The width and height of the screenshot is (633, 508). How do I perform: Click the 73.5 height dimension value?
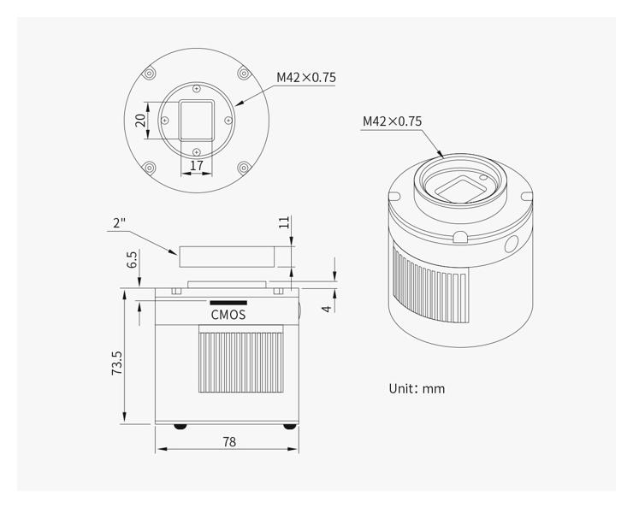point(117,363)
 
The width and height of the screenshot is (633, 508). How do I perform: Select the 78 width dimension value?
point(229,442)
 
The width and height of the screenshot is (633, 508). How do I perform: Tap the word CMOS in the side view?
point(228,315)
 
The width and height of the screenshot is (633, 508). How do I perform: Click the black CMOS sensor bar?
point(228,303)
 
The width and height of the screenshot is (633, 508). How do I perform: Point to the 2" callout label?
point(119,222)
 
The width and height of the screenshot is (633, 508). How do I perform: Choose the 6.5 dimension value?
point(133,259)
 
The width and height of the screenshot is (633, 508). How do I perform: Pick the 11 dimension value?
point(285,222)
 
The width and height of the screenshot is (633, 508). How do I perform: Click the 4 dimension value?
point(327,309)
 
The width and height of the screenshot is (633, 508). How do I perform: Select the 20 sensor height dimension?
point(140,121)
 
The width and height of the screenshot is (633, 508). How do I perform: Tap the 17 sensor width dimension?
point(197,165)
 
